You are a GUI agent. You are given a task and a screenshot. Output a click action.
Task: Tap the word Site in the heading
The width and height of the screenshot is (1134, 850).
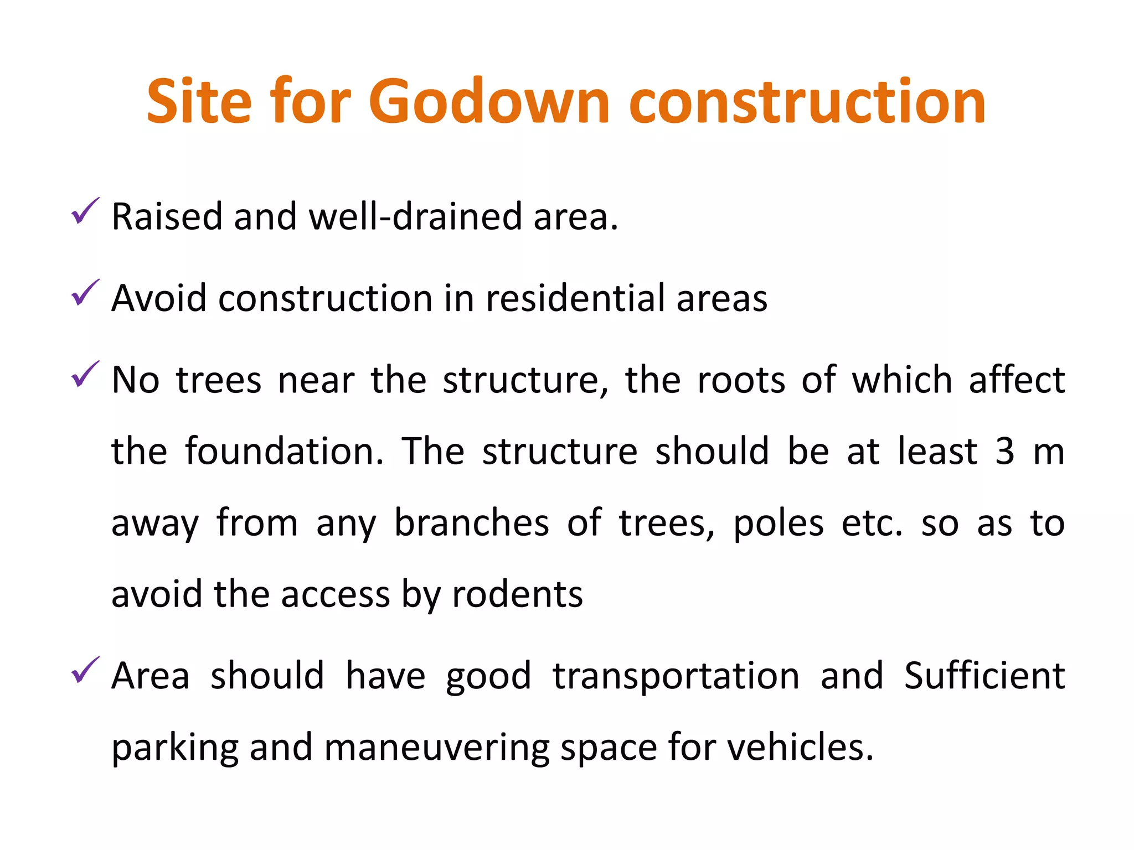pos(199,102)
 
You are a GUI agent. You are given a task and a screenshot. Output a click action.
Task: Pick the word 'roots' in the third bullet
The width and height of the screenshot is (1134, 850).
pos(741,380)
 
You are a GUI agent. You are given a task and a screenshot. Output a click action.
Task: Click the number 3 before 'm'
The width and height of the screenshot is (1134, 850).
pos(1004,452)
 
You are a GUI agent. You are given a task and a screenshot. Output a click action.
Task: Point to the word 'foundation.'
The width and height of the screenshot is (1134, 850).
pos(284,452)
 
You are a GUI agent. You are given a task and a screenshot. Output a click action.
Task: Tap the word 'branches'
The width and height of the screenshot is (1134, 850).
pos(471,523)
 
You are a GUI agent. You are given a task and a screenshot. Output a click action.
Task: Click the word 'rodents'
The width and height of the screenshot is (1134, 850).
pos(517,594)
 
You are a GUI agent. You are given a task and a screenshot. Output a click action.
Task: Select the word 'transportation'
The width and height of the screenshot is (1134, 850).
pos(676,676)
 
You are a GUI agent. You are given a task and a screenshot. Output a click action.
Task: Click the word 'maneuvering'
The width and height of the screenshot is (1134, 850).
pos(436,748)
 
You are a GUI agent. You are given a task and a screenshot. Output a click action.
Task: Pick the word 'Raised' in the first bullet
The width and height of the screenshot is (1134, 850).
pos(167,216)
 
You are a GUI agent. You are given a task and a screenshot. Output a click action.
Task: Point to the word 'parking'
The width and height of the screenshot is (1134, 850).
pos(175,748)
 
